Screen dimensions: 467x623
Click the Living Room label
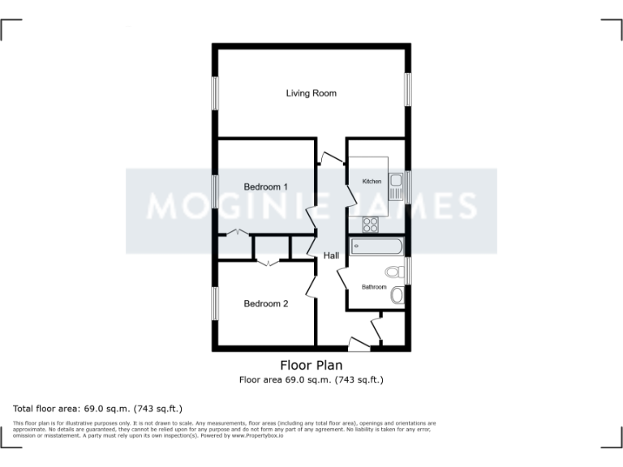tap(311, 93)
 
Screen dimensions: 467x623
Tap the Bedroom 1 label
tap(266, 187)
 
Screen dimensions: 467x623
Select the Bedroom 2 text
tap(266, 304)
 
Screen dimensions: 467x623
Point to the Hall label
tap(331, 256)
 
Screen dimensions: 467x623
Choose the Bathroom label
tap(374, 287)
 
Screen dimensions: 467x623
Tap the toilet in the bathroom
tap(395, 272)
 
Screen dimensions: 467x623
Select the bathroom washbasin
tap(397, 296)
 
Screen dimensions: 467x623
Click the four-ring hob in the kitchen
tap(371, 224)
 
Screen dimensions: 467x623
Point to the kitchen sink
tap(396, 188)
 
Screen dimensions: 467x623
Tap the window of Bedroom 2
tap(217, 303)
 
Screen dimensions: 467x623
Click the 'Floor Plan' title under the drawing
tap(311, 365)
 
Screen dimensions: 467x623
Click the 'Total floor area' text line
tap(98, 408)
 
